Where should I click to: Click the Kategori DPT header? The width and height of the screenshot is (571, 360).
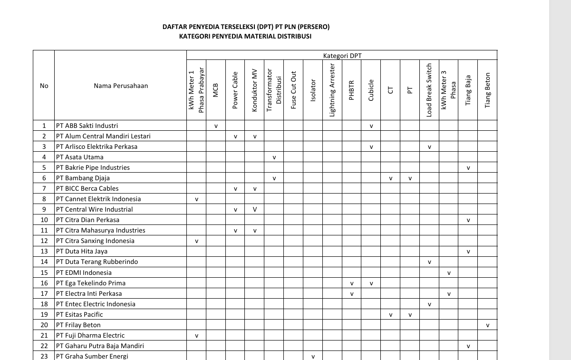[342, 56]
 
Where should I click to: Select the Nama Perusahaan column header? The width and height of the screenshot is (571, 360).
[121, 86]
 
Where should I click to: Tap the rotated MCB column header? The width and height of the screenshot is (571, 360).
[216, 90]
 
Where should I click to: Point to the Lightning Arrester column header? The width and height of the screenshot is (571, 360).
[332, 90]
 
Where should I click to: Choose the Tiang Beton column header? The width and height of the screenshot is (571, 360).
[487, 90]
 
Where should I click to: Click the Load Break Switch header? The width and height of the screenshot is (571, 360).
[429, 90]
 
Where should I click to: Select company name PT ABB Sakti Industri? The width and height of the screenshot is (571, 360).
[87, 126]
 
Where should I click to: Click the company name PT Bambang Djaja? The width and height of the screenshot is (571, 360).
[83, 178]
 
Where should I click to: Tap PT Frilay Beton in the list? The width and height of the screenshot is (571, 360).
[78, 325]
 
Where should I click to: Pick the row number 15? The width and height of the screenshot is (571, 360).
[44, 272]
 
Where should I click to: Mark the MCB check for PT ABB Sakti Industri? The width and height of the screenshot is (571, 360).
[216, 126]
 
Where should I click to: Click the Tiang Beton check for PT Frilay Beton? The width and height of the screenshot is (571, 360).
[487, 325]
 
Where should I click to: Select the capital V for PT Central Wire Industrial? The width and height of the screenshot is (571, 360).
[255, 209]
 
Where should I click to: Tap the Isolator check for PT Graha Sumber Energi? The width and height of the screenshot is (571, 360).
[313, 357]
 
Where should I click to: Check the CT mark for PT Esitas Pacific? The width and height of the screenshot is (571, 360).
[390, 315]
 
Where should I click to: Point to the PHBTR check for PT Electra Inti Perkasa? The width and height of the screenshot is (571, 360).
[352, 294]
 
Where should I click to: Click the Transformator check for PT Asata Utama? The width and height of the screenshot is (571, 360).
[274, 157]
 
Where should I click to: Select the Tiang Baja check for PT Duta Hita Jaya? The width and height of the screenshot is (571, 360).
[468, 252]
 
